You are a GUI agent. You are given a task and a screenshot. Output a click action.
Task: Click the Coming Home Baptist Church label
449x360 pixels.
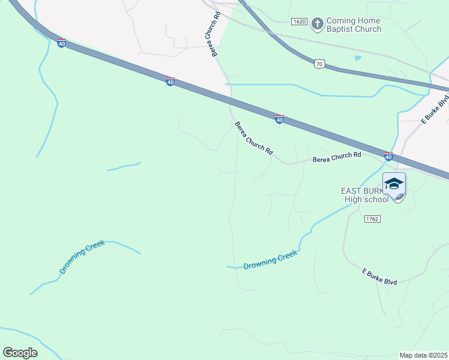coord(354,25)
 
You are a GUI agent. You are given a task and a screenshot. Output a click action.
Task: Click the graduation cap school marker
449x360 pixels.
coord(394,184)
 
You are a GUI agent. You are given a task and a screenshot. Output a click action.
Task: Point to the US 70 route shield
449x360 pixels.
coord(319,64)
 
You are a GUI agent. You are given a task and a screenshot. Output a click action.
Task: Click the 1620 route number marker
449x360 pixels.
coord(299,22)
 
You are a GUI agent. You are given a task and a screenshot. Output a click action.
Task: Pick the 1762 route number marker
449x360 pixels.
coord(372,219)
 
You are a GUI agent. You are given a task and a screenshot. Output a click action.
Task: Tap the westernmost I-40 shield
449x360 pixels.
coord(61,43)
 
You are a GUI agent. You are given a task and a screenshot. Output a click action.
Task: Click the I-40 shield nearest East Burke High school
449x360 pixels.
coord(388,157)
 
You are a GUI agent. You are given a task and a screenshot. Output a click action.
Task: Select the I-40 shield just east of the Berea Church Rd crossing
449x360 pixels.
coord(279,120)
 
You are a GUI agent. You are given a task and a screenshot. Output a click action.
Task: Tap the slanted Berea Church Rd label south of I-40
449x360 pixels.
coord(253,139)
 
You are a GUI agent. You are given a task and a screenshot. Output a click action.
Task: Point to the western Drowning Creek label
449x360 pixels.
coord(82,257)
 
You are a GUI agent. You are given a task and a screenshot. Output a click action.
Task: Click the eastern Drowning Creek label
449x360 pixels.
coord(271,260)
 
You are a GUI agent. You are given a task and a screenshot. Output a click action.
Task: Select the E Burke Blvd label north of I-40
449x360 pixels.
coord(435,110)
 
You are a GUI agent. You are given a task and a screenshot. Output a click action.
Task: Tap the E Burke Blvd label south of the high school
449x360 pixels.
coord(379,277)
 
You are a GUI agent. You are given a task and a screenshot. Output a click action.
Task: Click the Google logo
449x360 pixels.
coord(20,353)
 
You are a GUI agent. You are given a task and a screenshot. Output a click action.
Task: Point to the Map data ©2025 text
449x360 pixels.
coord(423,355)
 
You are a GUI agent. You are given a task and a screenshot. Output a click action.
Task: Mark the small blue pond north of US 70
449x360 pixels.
coord(358,58)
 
